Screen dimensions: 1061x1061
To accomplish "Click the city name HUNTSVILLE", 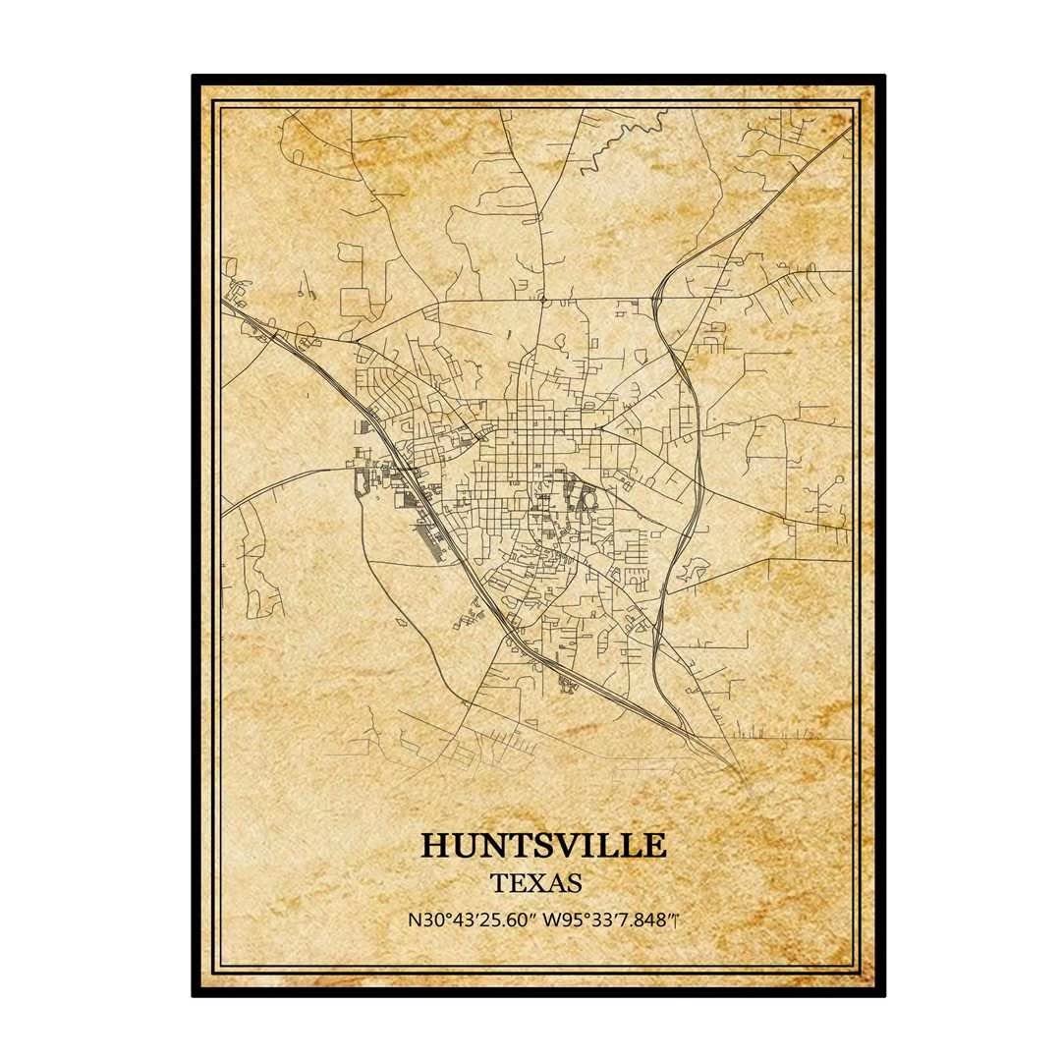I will click(543, 846).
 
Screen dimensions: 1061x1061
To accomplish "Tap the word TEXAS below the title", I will click(537, 883).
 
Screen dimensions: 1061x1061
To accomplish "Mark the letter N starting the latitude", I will click(412, 921).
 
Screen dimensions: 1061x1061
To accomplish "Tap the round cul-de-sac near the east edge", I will click(837, 479).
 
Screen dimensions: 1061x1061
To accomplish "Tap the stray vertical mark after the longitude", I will click(679, 921).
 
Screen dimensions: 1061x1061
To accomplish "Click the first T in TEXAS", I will click(502, 883).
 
